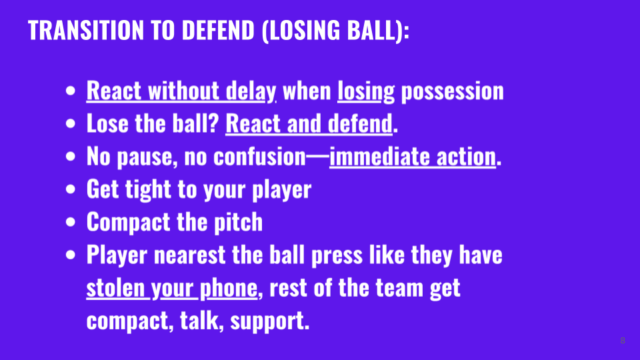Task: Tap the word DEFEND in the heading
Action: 218,30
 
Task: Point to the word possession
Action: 452,91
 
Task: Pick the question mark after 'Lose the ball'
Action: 214,123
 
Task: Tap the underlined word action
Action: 466,156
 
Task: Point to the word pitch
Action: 239,223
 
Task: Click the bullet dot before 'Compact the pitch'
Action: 71,221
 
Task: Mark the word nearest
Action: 189,255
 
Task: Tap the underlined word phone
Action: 229,289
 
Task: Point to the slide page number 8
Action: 623,341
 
